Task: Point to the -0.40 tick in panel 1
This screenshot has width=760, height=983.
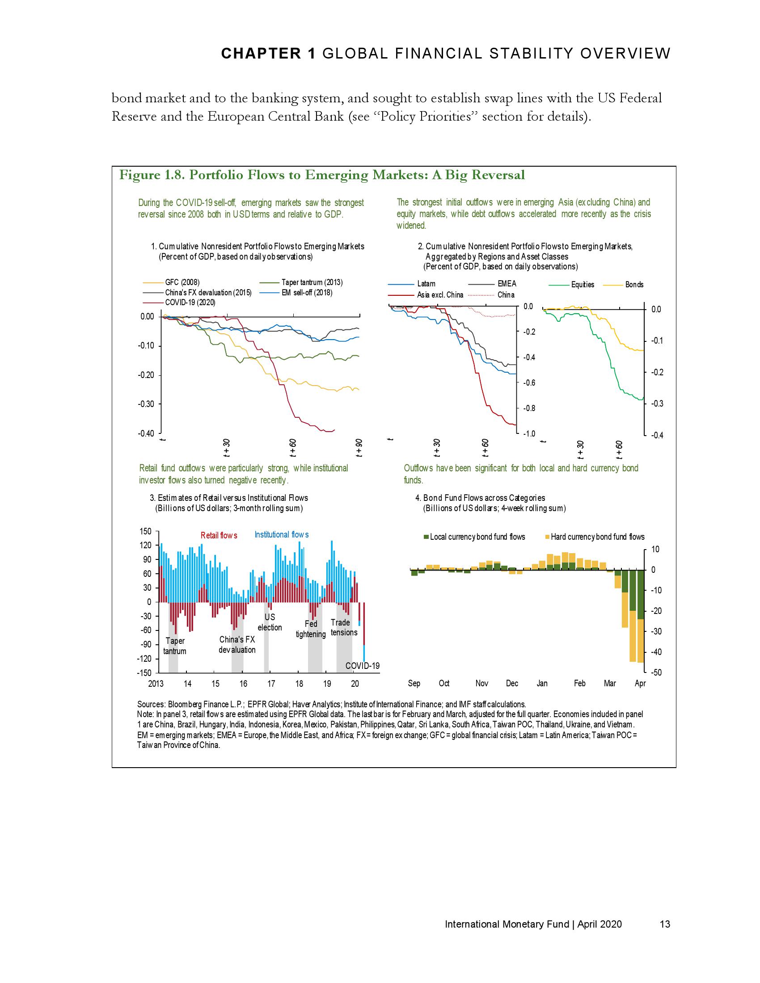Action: (147, 433)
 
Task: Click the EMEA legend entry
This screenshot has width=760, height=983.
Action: (507, 284)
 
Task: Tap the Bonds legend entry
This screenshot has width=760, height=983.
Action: (634, 285)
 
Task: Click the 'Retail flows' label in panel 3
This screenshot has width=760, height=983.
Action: (219, 535)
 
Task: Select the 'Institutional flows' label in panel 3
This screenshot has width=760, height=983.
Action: (282, 535)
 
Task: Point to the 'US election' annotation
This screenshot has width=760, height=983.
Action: (270, 622)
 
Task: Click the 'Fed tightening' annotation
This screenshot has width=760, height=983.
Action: (311, 629)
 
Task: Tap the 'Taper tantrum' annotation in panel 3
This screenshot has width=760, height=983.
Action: (175, 646)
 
